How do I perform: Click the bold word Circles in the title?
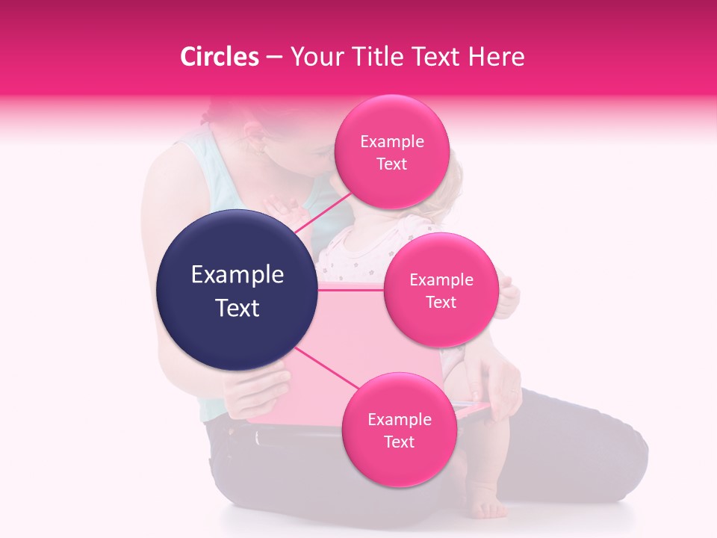pyautogui.click(x=220, y=57)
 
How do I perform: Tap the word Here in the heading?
pyautogui.click(x=497, y=57)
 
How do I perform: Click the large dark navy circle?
pyautogui.click(x=237, y=290)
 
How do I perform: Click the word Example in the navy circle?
pyautogui.click(x=237, y=275)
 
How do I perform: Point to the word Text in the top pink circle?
pyautogui.click(x=391, y=164)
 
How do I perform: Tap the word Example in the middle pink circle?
pyautogui.click(x=441, y=279)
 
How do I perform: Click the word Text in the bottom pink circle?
pyautogui.click(x=399, y=442)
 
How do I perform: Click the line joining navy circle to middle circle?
pyautogui.click(x=350, y=290)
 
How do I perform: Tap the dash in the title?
pyautogui.click(x=274, y=57)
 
